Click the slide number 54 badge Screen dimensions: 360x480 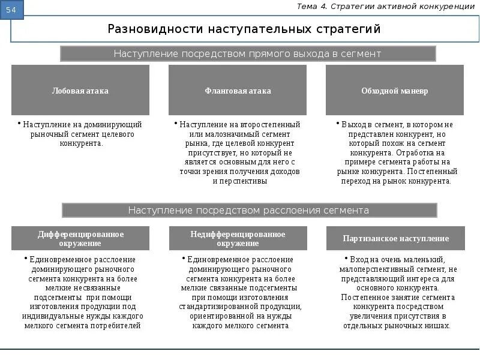pyautogui.click(x=12, y=10)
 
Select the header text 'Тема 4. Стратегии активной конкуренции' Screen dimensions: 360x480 pyautogui.click(x=386, y=7)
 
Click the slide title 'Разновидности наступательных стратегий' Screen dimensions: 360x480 pyautogui.click(x=244, y=29)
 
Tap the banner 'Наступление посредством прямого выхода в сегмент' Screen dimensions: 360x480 pyautogui.click(x=248, y=54)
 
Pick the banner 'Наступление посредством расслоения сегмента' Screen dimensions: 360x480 pyautogui.click(x=248, y=211)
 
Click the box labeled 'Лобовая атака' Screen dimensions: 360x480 pyautogui.click(x=80, y=91)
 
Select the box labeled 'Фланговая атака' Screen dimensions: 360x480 pyautogui.click(x=238, y=91)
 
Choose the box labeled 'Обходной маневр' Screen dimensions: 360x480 pyautogui.click(x=394, y=91)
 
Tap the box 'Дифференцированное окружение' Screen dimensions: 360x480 pyautogui.click(x=80, y=238)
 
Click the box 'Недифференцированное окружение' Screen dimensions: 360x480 pyautogui.click(x=238, y=238)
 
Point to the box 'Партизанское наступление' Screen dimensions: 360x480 pyautogui.click(x=395, y=238)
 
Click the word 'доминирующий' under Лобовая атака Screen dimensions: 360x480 pyautogui.click(x=113, y=125)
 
